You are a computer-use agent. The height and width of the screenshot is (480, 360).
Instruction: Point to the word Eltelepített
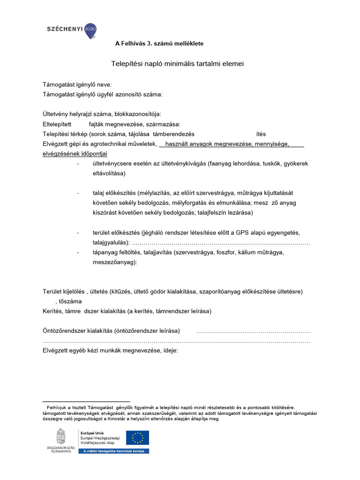(57, 124)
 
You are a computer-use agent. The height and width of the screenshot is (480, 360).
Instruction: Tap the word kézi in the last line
(103, 350)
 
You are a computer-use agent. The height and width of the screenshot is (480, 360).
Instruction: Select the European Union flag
(137, 438)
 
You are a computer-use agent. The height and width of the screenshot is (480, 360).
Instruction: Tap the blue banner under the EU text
(113, 451)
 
